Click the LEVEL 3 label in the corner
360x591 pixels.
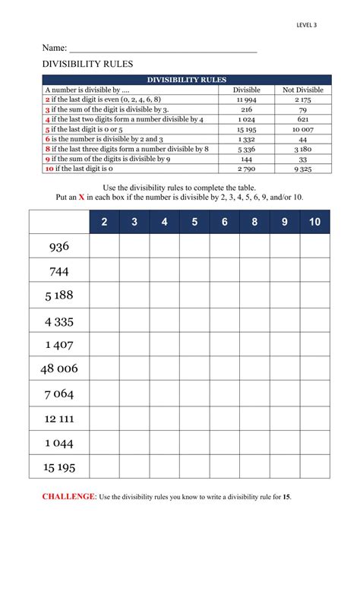pyautogui.click(x=307, y=25)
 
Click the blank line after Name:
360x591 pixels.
pyautogui.click(x=163, y=49)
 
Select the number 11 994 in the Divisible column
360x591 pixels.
pyautogui.click(x=246, y=100)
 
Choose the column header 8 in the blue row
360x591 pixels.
pyautogui.click(x=254, y=222)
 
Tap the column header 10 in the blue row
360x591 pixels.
pyautogui.click(x=314, y=222)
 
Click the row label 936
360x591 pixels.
pyautogui.click(x=58, y=246)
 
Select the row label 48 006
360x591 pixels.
pyautogui.click(x=58, y=369)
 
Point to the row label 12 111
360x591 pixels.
pyautogui.click(x=58, y=419)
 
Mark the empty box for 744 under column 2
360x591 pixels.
pyautogui.click(x=104, y=270)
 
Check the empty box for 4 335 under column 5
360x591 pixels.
pyautogui.click(x=194, y=320)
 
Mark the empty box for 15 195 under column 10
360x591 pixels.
pyautogui.click(x=314, y=466)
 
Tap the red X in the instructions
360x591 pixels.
pyautogui.click(x=81, y=197)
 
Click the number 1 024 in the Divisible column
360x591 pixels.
pyautogui.click(x=246, y=119)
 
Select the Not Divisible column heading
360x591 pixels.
pyautogui.click(x=303, y=90)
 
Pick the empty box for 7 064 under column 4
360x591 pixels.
pyautogui.click(x=164, y=393)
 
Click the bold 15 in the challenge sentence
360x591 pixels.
pyautogui.click(x=286, y=497)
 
